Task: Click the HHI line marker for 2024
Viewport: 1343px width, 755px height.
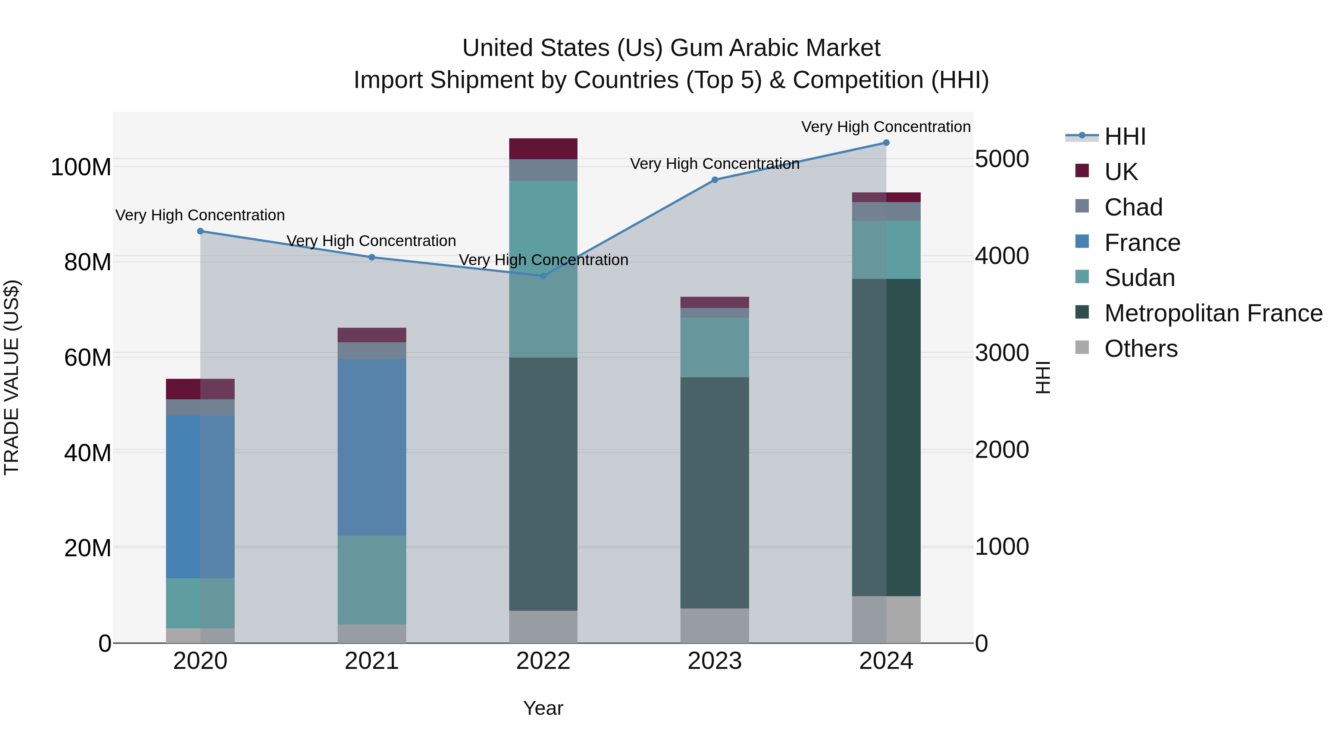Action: [x=886, y=143]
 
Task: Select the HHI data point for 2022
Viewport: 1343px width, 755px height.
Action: [x=543, y=276]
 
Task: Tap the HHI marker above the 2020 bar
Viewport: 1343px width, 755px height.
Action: [x=200, y=231]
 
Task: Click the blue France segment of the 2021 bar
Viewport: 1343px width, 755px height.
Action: [x=372, y=447]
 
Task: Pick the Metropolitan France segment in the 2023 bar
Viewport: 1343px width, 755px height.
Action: [x=714, y=493]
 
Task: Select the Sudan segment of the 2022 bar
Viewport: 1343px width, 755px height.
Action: [x=543, y=269]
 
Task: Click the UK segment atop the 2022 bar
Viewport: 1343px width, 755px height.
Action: [x=543, y=148]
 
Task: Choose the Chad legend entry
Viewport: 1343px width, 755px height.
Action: [x=1133, y=207]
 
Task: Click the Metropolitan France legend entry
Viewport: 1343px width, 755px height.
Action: [x=1213, y=313]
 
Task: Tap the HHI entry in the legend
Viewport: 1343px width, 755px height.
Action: [x=1124, y=136]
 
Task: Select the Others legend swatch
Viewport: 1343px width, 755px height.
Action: [x=1082, y=347]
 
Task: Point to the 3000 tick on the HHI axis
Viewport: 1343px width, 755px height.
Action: [x=1002, y=353]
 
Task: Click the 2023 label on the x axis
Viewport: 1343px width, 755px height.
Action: [x=714, y=661]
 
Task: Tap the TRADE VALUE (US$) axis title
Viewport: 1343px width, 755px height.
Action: [x=12, y=377]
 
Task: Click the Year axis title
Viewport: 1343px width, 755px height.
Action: [x=543, y=708]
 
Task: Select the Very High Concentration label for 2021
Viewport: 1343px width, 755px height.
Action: [x=371, y=241]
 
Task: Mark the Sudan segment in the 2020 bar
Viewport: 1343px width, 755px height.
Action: [x=200, y=603]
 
